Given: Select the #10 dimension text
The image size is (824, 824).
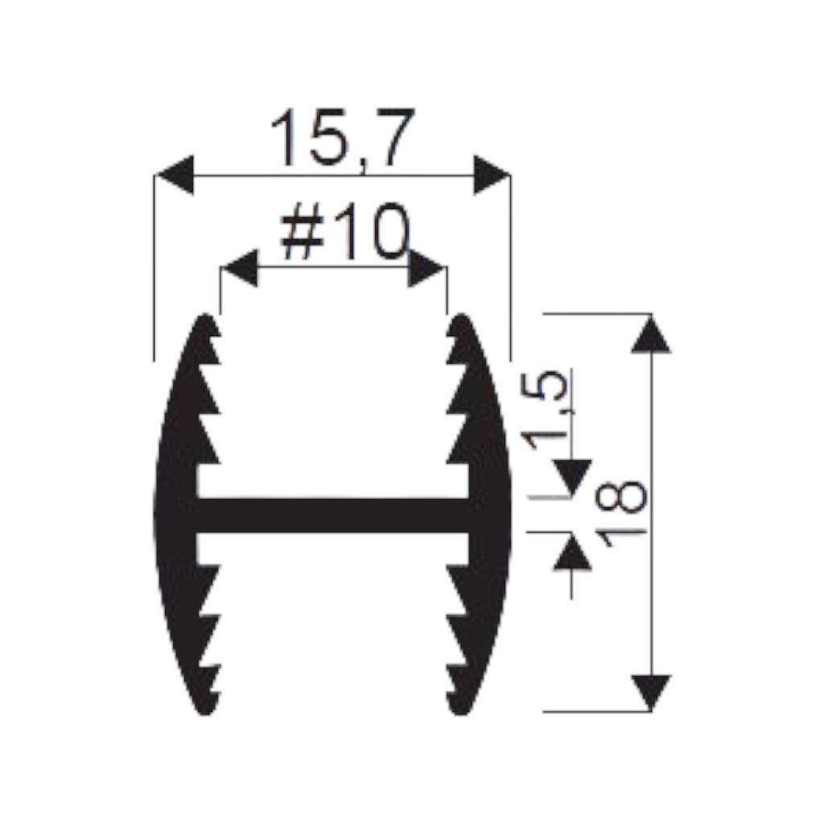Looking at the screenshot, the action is point(344,232).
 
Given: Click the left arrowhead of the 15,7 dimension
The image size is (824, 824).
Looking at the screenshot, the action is point(175,175).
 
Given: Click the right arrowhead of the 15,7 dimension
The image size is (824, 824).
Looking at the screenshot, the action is point(491,175).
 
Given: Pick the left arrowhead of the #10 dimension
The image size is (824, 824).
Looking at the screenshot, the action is point(240,268).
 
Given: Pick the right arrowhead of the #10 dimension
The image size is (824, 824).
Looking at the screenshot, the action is point(426,268).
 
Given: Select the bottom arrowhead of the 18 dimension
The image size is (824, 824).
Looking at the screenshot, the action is point(651,693).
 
